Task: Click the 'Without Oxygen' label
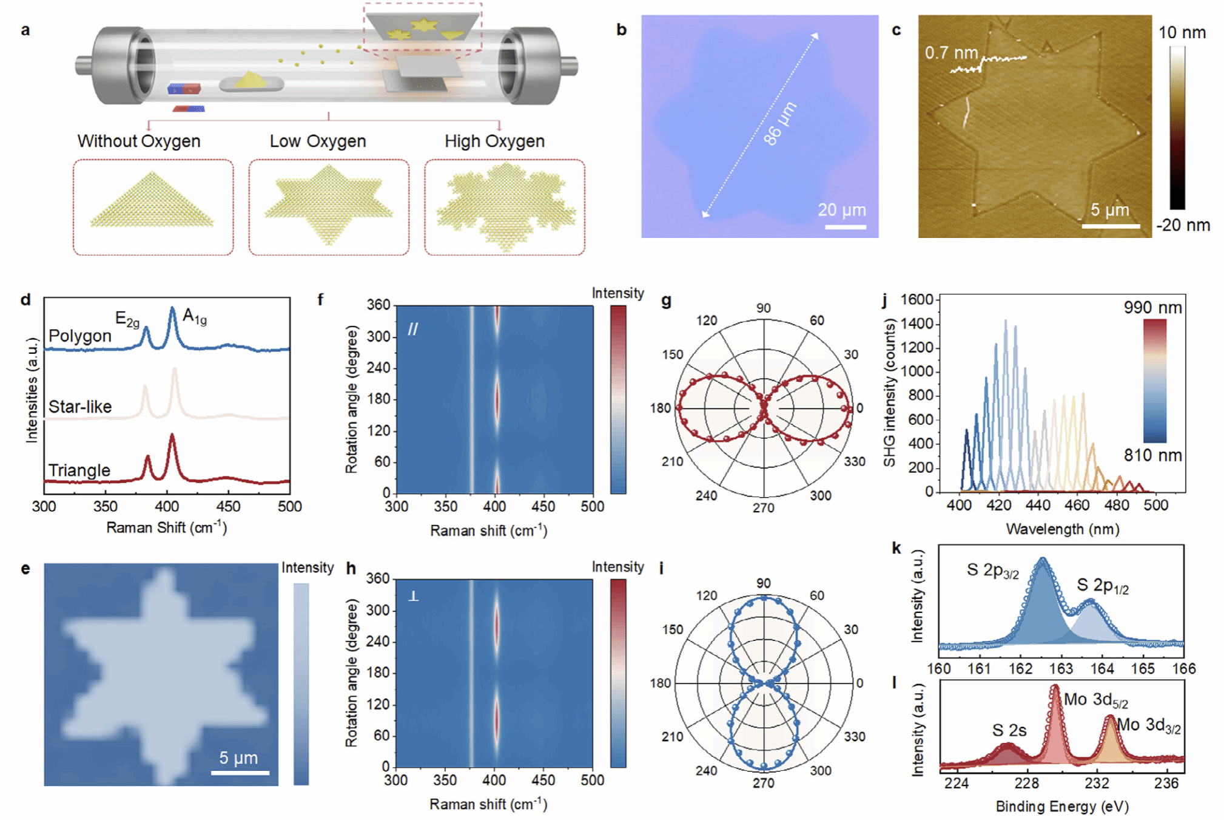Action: coord(138,141)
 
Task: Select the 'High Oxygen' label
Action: coord(494,141)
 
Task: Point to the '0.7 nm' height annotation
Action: coord(951,53)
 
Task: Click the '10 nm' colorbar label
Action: coord(1182,33)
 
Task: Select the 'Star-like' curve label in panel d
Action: coord(80,407)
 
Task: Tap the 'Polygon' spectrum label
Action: coord(80,336)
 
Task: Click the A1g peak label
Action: coord(195,316)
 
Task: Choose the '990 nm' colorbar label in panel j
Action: coord(1152,308)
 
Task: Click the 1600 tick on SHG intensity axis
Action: coord(917,300)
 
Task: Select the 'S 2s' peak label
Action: coord(1009,730)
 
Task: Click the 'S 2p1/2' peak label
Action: coord(1103,586)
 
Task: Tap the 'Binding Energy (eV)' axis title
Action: coord(1062,807)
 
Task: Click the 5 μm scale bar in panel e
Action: coord(240,773)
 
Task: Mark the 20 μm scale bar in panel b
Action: coord(846,227)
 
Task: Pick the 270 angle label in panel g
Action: coord(764,508)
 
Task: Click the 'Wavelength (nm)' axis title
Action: coord(1062,529)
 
